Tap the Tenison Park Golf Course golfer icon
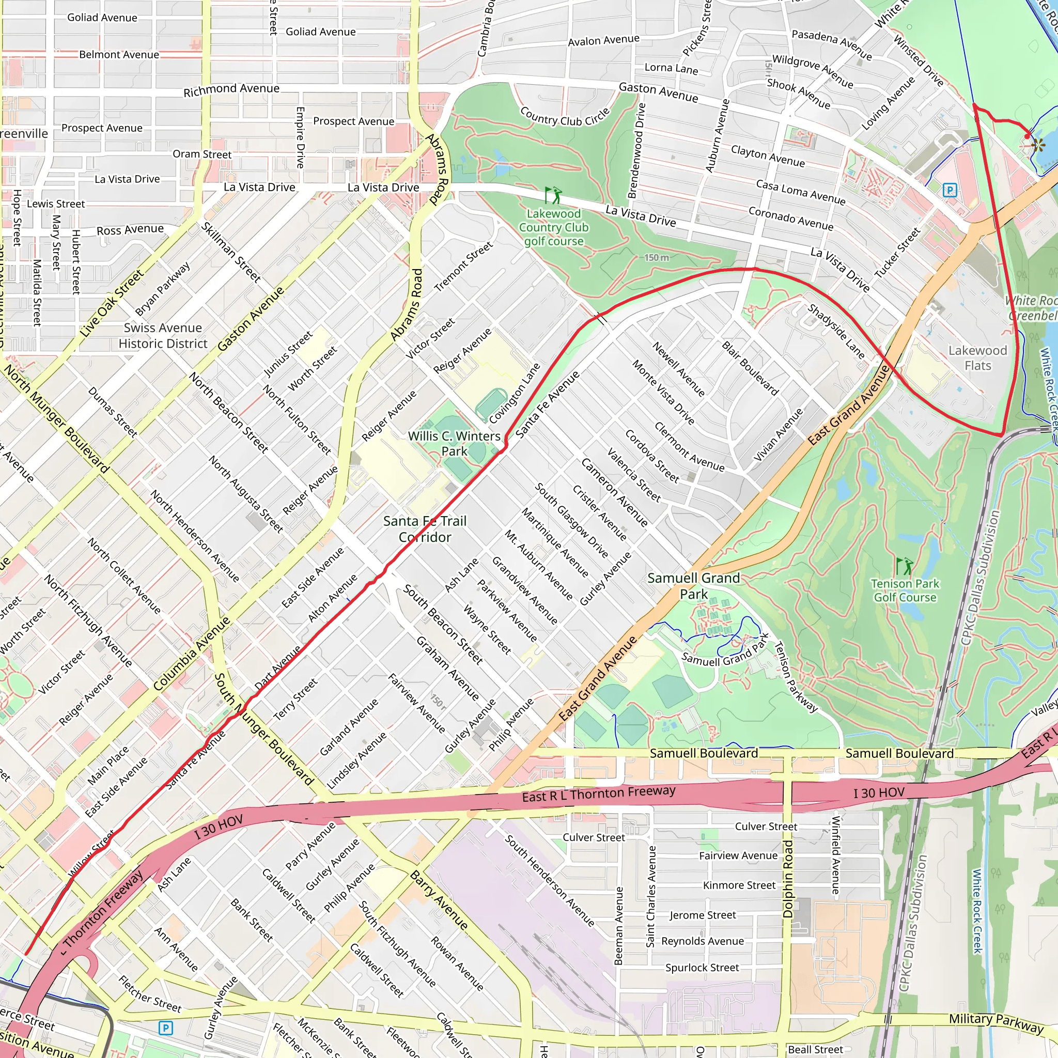[x=904, y=566]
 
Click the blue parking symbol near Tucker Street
[x=950, y=191]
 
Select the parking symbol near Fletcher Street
[x=165, y=1028]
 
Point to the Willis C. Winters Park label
[x=454, y=444]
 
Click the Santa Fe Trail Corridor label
[x=425, y=529]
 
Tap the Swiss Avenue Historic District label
[x=163, y=336]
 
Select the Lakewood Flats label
[x=977, y=357]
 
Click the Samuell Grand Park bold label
[x=693, y=586]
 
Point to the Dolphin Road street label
[x=788, y=879]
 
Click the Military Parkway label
[x=995, y=1022]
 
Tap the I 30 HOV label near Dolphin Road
[x=878, y=793]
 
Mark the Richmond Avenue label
[x=231, y=90]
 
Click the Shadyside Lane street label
[x=836, y=331]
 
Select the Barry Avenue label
[x=439, y=900]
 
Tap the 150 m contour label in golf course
[x=656, y=257]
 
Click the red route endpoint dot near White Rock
[x=1027, y=136]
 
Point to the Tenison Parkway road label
[x=795, y=677]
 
